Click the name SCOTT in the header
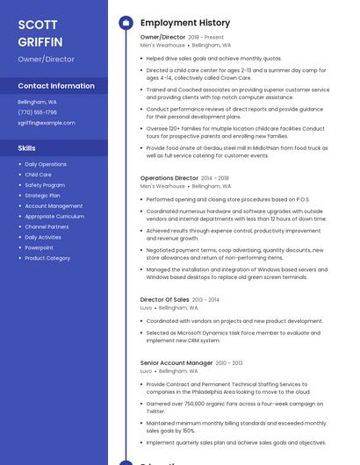coord(38,25)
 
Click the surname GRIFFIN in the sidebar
coord(40,42)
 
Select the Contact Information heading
coord(56,86)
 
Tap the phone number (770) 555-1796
coord(37,112)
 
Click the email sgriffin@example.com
coord(47,123)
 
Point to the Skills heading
coord(26,148)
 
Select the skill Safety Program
coord(45,185)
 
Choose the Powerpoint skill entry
coord(39,247)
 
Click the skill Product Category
coord(47,258)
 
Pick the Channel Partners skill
coord(47,226)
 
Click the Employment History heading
coord(185,23)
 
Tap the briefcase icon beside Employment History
coord(126,23)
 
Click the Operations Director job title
coord(169,178)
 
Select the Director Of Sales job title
coord(165,299)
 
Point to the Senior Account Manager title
coord(176,362)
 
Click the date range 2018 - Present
coord(206,38)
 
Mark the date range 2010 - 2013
coord(229,362)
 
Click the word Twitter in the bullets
coord(155,411)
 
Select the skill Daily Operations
coord(46,164)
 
